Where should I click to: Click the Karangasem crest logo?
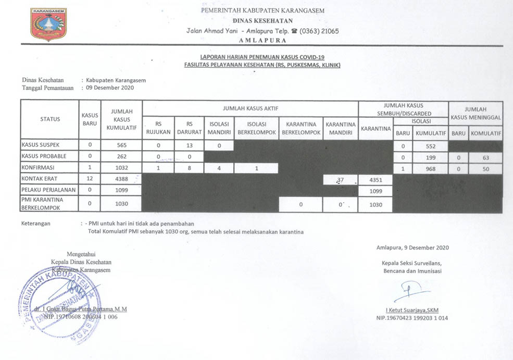pos(48,24)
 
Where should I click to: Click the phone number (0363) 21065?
pos(319,31)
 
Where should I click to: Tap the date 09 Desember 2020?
pos(110,88)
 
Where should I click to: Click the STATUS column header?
pos(50,119)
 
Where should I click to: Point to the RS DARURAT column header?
pos(190,128)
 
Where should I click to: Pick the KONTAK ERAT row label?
pos(40,179)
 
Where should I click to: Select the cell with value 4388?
pos(122,179)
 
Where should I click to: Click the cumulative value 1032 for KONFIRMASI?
pos(122,168)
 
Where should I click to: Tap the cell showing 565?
pos(122,145)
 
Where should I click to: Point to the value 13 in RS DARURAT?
pos(190,145)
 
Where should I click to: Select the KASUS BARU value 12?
pos(90,179)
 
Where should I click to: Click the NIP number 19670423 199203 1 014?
pos(412,318)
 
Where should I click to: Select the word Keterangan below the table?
pos(39,224)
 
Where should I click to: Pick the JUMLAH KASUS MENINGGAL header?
pos(476,113)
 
